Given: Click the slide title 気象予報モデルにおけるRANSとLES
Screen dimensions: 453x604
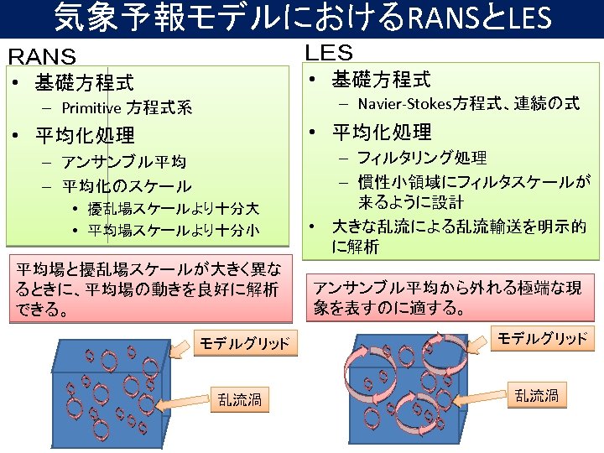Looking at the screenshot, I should [x=302, y=18].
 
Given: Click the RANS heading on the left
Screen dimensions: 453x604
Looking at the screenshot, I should [x=42, y=57].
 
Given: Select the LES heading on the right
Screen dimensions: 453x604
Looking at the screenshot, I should [x=329, y=53].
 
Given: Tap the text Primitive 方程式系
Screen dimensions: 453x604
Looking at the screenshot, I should [x=127, y=107].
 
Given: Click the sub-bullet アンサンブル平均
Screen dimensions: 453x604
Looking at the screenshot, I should [x=125, y=162].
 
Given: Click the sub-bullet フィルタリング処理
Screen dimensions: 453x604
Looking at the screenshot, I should [x=422, y=158].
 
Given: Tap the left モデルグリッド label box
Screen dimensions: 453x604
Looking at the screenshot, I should [x=244, y=342].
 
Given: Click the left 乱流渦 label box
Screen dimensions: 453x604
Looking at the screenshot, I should [x=240, y=399].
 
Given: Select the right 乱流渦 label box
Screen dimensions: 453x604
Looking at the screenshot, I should [x=537, y=395].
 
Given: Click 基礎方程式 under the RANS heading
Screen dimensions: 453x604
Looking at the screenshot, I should [x=84, y=83].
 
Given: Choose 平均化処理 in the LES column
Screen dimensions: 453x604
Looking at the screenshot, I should [x=382, y=132].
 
